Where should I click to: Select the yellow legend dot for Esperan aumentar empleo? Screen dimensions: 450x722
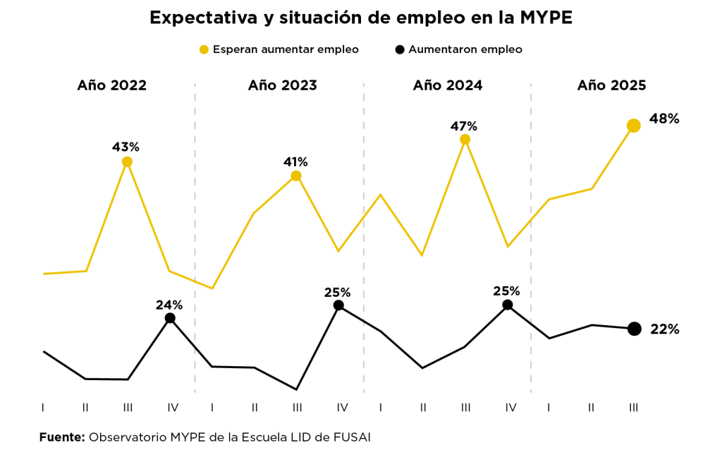pos(204,49)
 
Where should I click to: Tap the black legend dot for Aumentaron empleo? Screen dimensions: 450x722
pos(400,49)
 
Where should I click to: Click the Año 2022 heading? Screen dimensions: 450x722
pos(111,85)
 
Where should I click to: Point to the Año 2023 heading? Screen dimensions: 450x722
pos(282,85)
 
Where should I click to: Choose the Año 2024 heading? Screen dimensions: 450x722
pos(448,85)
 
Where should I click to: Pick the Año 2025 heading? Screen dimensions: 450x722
pos(611,85)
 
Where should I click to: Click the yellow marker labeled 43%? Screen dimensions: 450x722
pos(127,162)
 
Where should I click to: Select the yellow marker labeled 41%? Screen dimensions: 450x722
pos(296,176)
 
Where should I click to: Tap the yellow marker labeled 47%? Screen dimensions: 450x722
pos(465,139)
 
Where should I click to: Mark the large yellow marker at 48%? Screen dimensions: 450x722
pos(633,126)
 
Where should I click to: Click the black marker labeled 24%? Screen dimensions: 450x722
pos(170,318)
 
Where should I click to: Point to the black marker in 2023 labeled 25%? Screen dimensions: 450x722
pos(338,305)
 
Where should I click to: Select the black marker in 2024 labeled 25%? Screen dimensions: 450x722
pos(507,305)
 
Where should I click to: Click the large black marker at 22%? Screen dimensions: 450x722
pos(634,329)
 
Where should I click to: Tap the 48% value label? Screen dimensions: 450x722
pos(664,119)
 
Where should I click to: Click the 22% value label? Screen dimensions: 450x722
pos(664,329)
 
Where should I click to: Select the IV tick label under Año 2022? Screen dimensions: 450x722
pos(173,408)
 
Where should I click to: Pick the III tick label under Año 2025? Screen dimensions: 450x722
pos(634,408)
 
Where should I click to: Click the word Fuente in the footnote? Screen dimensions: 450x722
pos(61,437)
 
